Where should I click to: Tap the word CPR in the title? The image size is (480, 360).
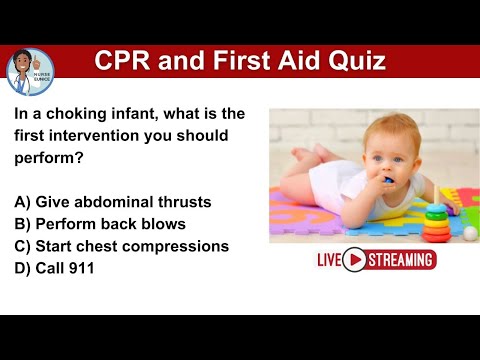[123, 62]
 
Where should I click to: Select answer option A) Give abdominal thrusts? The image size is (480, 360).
[113, 201]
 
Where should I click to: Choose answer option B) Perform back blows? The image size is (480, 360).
[100, 223]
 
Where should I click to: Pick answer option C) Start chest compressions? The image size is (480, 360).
[121, 245]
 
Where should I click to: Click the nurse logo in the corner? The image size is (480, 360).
[30, 70]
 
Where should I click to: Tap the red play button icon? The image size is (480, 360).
[353, 260]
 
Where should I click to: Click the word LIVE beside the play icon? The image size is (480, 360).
[329, 260]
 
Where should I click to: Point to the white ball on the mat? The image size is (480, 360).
[469, 233]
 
